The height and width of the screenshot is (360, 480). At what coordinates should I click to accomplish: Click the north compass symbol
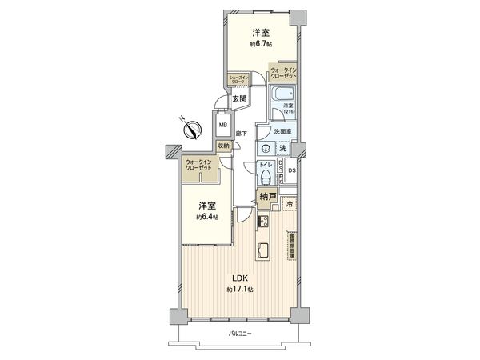190,128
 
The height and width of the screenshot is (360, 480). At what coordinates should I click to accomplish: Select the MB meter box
223,125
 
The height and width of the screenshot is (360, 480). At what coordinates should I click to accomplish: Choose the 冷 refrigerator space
290,205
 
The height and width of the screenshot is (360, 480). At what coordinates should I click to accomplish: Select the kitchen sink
263,250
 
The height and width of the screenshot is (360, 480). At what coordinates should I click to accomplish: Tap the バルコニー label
239,332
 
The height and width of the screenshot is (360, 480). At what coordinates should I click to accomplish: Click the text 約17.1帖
239,288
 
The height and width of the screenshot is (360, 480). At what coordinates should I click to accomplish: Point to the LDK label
239,278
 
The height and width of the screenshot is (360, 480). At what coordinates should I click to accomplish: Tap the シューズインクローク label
239,79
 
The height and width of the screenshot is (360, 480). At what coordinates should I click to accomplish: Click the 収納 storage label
224,146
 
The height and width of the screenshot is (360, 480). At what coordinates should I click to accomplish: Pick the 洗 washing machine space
282,149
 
